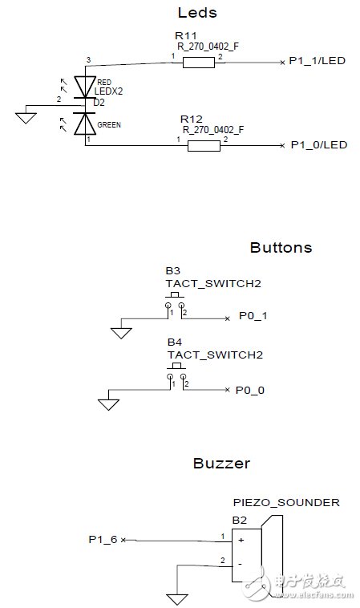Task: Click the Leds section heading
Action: (x=196, y=13)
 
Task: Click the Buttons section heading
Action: (x=281, y=247)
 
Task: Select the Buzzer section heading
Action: (x=221, y=463)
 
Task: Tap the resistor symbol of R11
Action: (x=198, y=63)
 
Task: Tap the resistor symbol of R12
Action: (x=204, y=145)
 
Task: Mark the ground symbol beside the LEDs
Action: (x=26, y=118)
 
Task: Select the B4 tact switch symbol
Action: (x=176, y=374)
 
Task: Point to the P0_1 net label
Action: (x=253, y=317)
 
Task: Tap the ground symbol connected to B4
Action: (x=107, y=404)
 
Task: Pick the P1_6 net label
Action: (x=103, y=540)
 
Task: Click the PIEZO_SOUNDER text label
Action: (x=285, y=503)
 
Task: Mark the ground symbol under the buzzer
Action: (x=176, y=598)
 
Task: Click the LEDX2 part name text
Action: (x=108, y=91)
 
